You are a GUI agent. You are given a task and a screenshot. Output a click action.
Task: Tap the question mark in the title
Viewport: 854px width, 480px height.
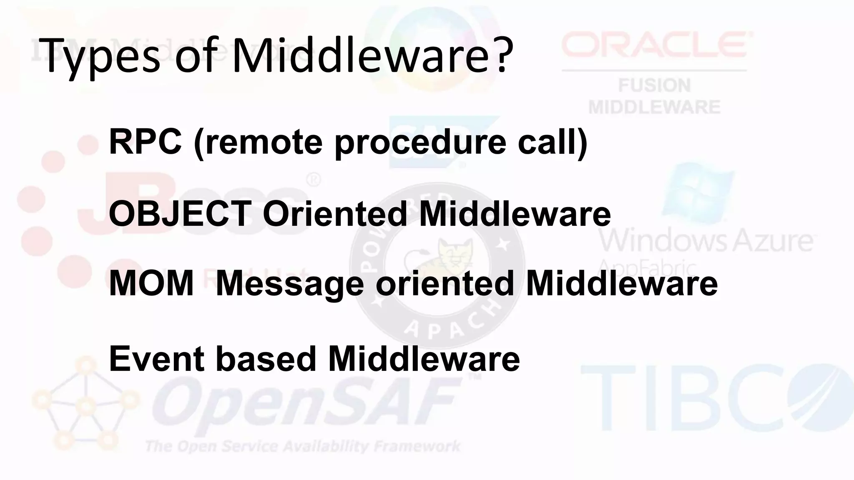click(x=499, y=56)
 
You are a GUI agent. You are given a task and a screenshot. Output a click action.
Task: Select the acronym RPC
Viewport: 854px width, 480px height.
click(x=145, y=142)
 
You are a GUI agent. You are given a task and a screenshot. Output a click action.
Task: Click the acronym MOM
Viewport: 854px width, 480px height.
click(x=151, y=284)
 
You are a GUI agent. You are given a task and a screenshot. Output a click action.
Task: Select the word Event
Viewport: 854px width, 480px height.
click(x=156, y=359)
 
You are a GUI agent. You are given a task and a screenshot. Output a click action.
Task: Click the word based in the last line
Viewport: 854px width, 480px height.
click(x=266, y=359)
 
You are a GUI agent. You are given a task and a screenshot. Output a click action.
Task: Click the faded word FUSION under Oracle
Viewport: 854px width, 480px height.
click(x=654, y=86)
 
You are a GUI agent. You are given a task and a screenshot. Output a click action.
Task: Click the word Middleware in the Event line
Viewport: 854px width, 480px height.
click(x=424, y=359)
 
